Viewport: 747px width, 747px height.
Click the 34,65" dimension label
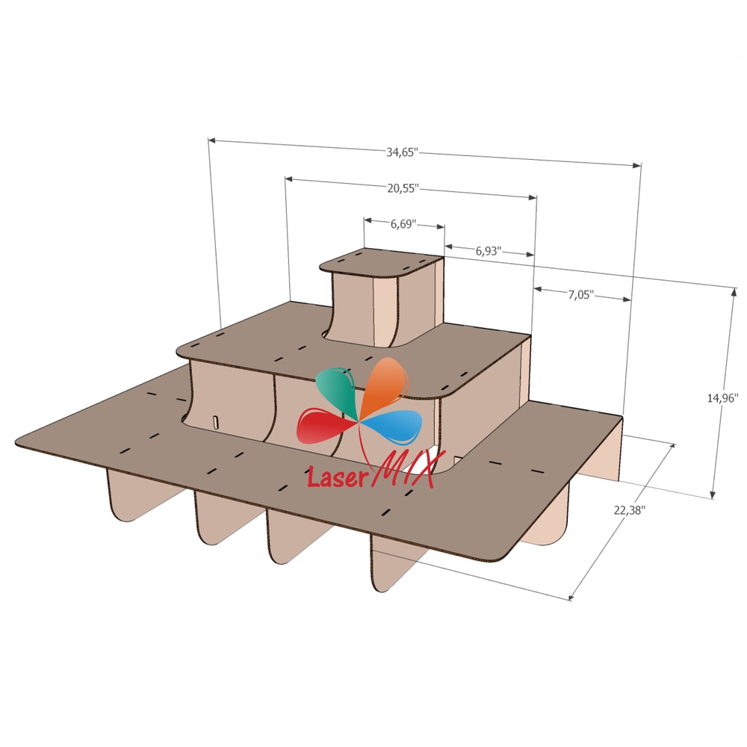[402, 152]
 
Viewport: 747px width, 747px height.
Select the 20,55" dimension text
[403, 188]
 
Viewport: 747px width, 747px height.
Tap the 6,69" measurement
[403, 223]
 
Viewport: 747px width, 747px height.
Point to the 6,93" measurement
[488, 252]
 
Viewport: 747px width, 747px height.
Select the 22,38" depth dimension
[630, 510]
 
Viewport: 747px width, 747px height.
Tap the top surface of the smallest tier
[381, 262]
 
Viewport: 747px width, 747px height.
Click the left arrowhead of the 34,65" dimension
[211, 140]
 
